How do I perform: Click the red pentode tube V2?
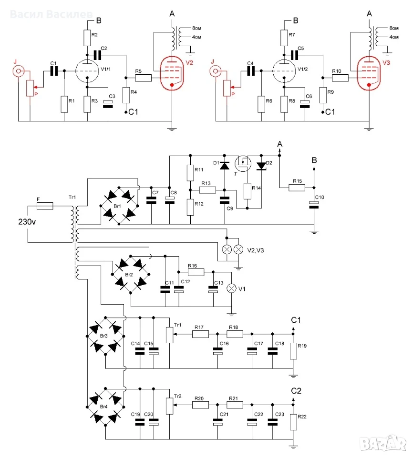(x=172, y=73)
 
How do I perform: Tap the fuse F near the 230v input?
(x=45, y=206)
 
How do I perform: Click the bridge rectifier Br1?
(x=119, y=206)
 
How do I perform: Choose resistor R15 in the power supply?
(x=297, y=188)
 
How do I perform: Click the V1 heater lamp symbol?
(x=232, y=288)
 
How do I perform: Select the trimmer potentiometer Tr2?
(x=170, y=406)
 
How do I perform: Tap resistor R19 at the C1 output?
(x=293, y=351)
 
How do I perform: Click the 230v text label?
(x=27, y=222)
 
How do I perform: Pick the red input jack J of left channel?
(x=18, y=71)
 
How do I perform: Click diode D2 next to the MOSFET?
(x=261, y=166)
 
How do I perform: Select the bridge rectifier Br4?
(x=105, y=407)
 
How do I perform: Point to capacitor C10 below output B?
(x=314, y=205)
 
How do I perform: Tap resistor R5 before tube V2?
(x=143, y=78)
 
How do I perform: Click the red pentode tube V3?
(x=369, y=73)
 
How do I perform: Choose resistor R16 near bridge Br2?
(x=196, y=272)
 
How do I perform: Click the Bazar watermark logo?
(x=383, y=444)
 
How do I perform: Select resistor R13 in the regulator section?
(x=207, y=190)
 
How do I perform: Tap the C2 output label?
(x=296, y=391)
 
